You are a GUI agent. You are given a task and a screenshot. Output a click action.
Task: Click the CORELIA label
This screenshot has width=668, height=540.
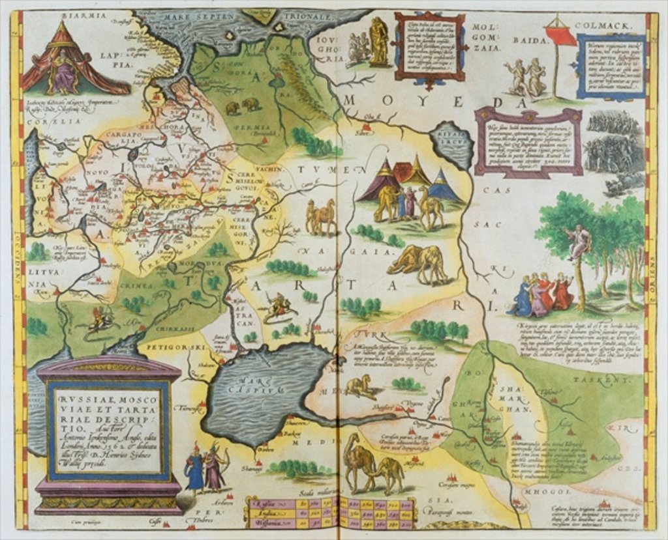click(38, 121)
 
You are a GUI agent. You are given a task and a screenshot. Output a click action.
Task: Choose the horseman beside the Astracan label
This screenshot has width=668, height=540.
click(279, 306)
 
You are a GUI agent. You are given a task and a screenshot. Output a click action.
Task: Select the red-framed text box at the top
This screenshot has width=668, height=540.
click(430, 46)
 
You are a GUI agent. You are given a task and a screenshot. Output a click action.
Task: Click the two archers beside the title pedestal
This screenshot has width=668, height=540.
click(205, 467)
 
